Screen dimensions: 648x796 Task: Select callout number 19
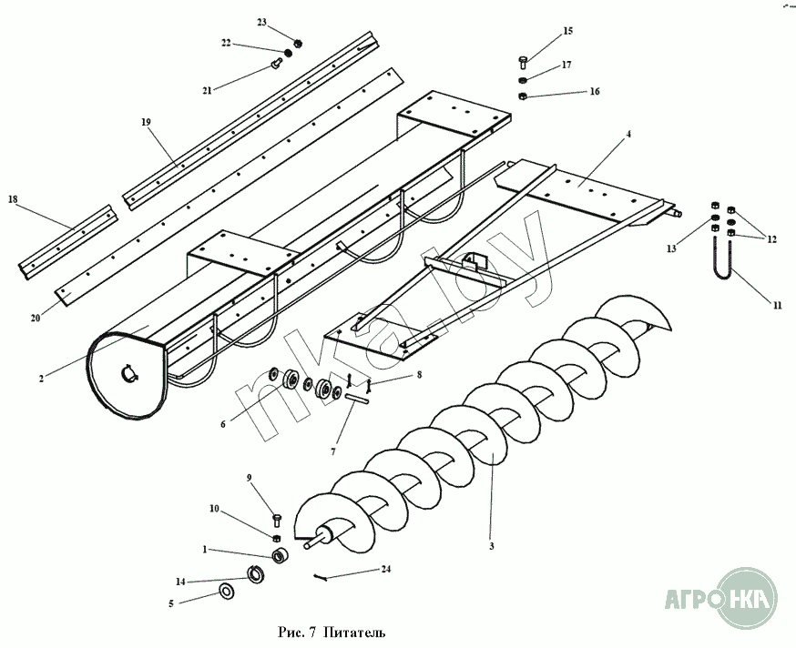tap(145, 121)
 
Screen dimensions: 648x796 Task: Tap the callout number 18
tap(13, 198)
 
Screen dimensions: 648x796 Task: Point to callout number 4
tap(628, 135)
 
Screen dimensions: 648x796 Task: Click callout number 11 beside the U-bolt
tap(777, 306)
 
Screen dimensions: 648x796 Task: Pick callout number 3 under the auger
tap(491, 546)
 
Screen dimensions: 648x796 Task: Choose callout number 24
tap(386, 569)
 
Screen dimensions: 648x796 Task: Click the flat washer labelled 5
tap(224, 593)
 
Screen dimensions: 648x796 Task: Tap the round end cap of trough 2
tap(126, 376)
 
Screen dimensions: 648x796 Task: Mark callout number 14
tap(180, 581)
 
